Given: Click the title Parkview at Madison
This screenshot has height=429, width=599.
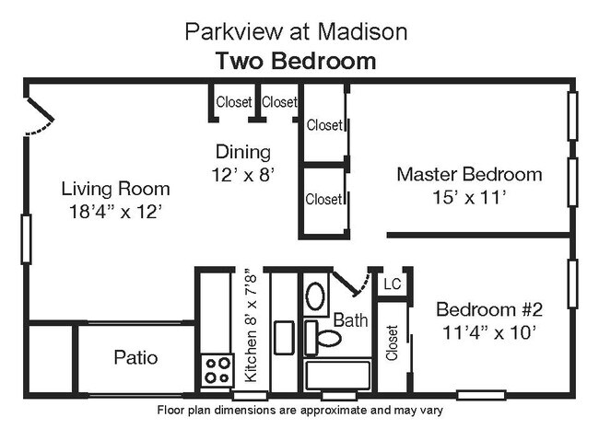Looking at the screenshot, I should [296, 32].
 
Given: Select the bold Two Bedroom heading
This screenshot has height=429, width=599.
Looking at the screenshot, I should [296, 62].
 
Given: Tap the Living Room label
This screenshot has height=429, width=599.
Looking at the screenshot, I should [115, 189].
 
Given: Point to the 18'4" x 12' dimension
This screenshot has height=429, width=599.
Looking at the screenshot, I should [115, 211].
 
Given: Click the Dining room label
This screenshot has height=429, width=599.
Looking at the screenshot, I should [243, 152].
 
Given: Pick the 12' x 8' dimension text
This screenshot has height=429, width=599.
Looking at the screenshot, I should [243, 173].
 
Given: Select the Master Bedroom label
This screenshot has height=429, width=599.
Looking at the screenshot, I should [469, 174].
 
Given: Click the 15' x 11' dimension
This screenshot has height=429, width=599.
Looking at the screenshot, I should [469, 196].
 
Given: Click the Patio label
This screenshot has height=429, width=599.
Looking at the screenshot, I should [135, 357].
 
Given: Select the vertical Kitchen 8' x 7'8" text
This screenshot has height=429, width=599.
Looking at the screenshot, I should [250, 327].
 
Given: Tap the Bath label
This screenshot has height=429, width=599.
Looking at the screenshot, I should [350, 320].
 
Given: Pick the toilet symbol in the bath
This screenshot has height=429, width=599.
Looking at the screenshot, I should [323, 337].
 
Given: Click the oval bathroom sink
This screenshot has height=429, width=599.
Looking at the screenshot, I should [315, 296].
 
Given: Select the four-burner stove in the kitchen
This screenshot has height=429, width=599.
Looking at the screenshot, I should [218, 370].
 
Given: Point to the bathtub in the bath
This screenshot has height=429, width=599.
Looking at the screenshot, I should [337, 376].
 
